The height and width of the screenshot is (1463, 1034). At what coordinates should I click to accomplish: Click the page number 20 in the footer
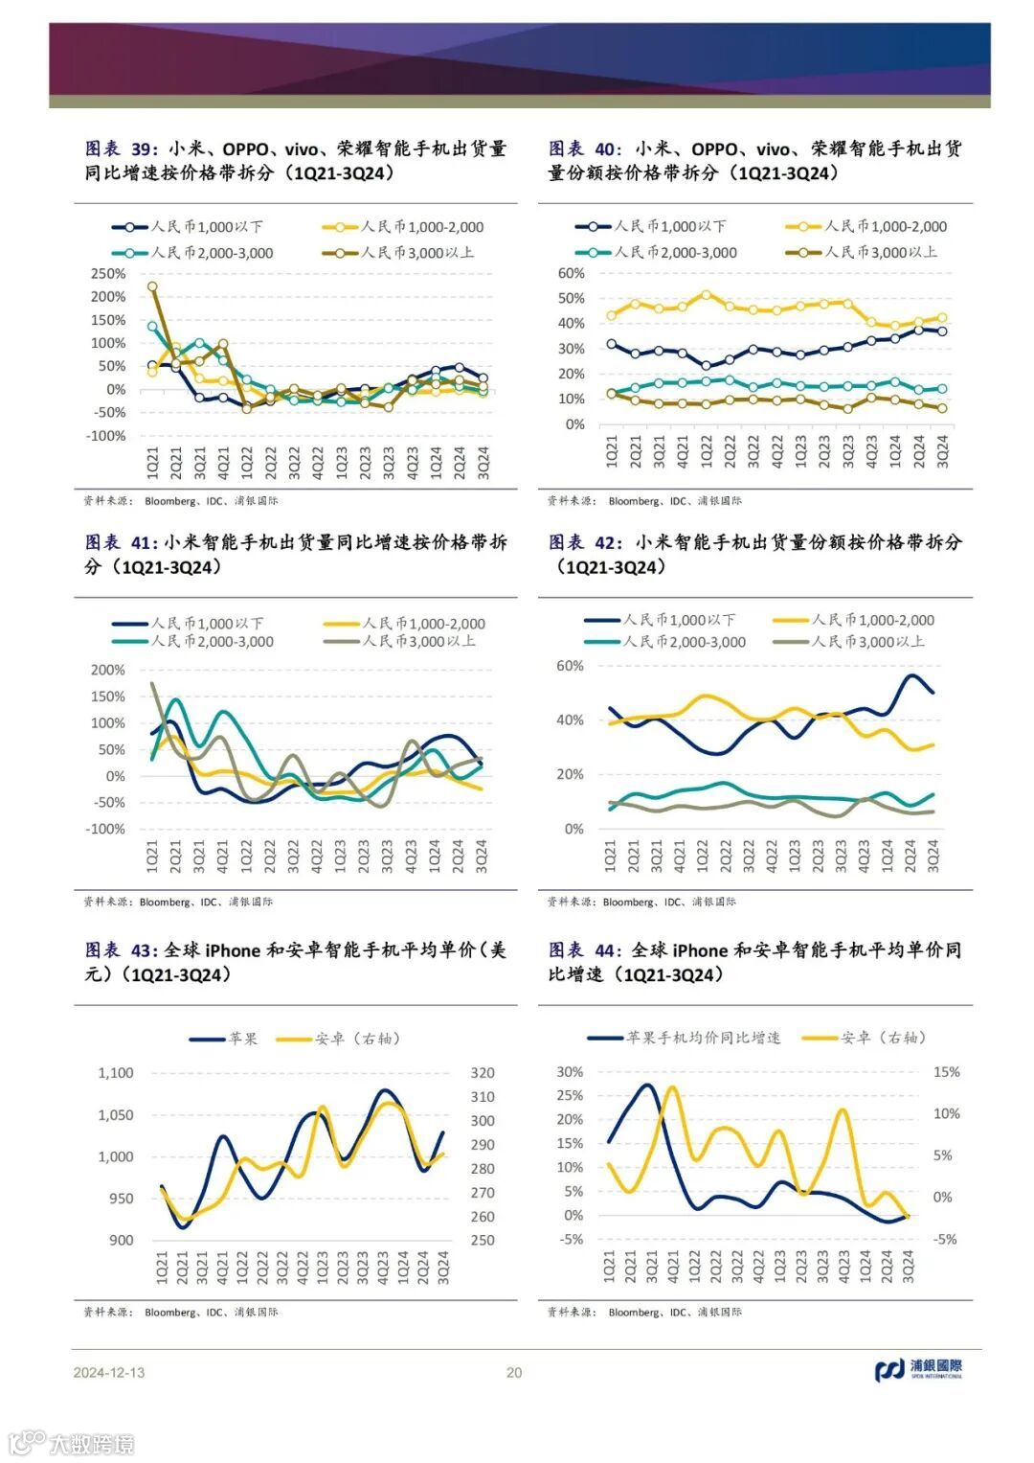514,1372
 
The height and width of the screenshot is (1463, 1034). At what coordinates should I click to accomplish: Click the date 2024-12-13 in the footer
109,1372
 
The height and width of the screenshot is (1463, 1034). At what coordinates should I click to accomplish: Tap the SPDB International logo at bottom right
918,1370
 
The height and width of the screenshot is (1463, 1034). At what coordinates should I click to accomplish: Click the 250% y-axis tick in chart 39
108,273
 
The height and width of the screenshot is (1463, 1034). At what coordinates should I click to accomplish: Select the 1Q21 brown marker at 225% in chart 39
152,286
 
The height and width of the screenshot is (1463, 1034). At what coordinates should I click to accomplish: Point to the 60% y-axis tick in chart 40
571,273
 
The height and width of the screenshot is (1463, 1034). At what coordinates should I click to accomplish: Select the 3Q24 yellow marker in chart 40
942,317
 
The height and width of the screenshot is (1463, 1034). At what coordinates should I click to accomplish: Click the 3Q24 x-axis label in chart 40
942,449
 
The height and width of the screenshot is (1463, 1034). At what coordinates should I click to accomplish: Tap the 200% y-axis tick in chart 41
108,670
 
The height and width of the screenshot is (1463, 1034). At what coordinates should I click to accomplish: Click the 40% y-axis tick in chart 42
570,720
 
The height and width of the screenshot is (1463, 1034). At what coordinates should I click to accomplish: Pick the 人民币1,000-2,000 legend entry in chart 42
872,620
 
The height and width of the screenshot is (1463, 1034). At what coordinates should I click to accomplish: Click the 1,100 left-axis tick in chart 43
116,1073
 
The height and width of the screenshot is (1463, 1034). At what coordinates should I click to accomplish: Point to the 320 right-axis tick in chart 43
483,1073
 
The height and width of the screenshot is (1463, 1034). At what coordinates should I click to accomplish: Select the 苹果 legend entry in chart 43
242,1039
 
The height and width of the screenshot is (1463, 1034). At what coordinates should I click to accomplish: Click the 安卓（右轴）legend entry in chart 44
883,1038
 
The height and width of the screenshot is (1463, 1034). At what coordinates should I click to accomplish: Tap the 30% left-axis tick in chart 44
570,1072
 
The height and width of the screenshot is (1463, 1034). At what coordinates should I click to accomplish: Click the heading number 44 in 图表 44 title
607,949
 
